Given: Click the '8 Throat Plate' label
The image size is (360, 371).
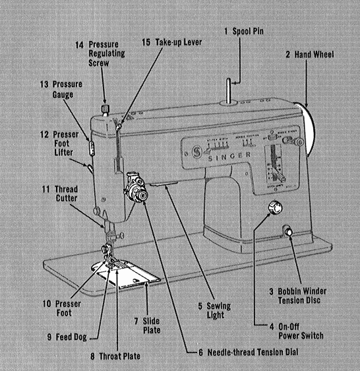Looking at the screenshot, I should tap(115, 356).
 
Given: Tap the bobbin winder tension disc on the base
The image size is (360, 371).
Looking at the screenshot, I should tap(287, 230).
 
